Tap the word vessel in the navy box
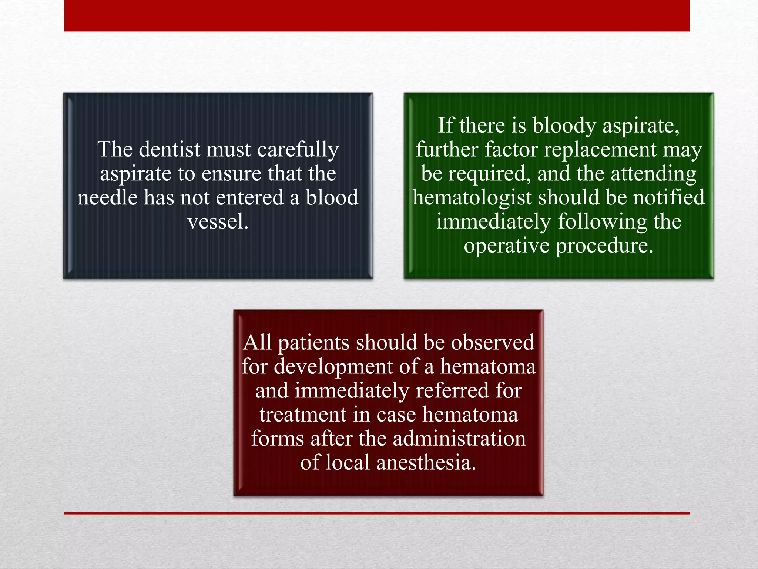tap(217, 222)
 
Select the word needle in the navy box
tap(107, 198)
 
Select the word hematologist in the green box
tap(472, 198)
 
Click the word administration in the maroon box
tap(459, 439)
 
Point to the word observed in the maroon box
tap(492, 343)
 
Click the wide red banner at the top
tap(377, 16)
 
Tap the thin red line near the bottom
tap(377, 513)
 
